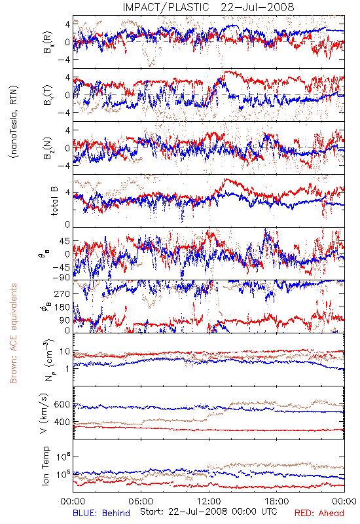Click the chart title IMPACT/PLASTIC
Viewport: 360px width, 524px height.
pyautogui.click(x=166, y=7)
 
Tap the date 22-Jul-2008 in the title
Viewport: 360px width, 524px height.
pyautogui.click(x=257, y=7)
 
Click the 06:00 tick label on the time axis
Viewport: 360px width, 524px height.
pyautogui.click(x=141, y=501)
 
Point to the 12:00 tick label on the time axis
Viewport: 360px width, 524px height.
pyautogui.click(x=209, y=501)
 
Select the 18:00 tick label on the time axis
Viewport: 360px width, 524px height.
pyautogui.click(x=277, y=501)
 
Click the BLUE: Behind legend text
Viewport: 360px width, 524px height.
pyautogui.click(x=101, y=513)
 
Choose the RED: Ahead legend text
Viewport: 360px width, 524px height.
pyautogui.click(x=319, y=513)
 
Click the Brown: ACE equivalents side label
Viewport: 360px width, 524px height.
pyautogui.click(x=13, y=333)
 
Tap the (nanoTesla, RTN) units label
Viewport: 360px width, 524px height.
pyautogui.click(x=14, y=122)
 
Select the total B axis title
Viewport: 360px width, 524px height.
pyautogui.click(x=54, y=201)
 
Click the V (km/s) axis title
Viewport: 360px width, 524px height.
pyautogui.click(x=44, y=413)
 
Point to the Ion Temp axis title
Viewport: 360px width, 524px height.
pyautogui.click(x=45, y=466)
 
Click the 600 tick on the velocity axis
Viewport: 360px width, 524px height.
pyautogui.click(x=62, y=404)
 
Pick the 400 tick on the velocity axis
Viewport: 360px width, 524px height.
pyautogui.click(x=62, y=422)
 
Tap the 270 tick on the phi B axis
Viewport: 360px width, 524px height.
pyautogui.click(x=62, y=293)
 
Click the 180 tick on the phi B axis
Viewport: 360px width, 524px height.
pyautogui.click(x=62, y=307)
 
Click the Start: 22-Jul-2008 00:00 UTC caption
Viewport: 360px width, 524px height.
pyautogui.click(x=209, y=512)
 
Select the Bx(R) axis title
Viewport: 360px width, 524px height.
pyautogui.click(x=47, y=42)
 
